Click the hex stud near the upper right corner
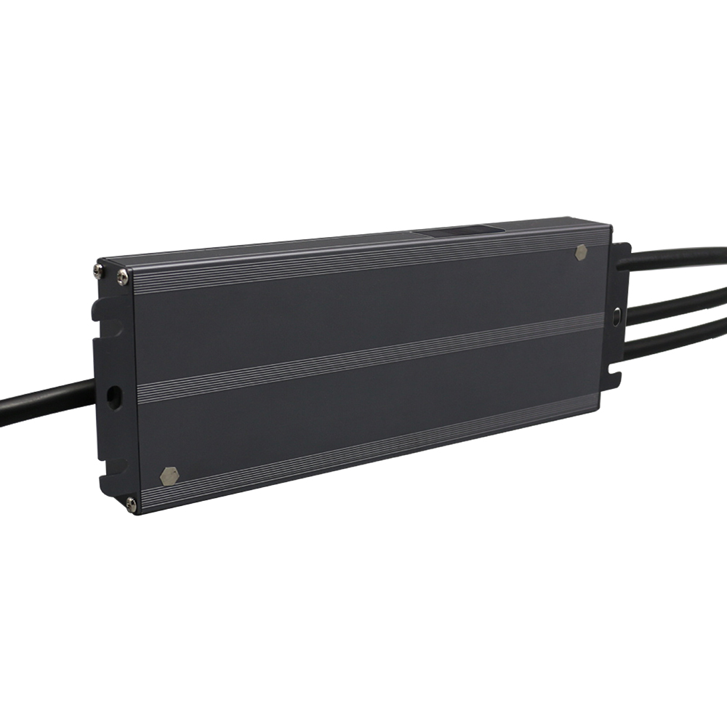click(581, 253)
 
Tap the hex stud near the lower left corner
click(169, 475)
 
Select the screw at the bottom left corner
click(131, 502)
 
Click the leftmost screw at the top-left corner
click(99, 270)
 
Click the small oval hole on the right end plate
click(617, 318)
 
